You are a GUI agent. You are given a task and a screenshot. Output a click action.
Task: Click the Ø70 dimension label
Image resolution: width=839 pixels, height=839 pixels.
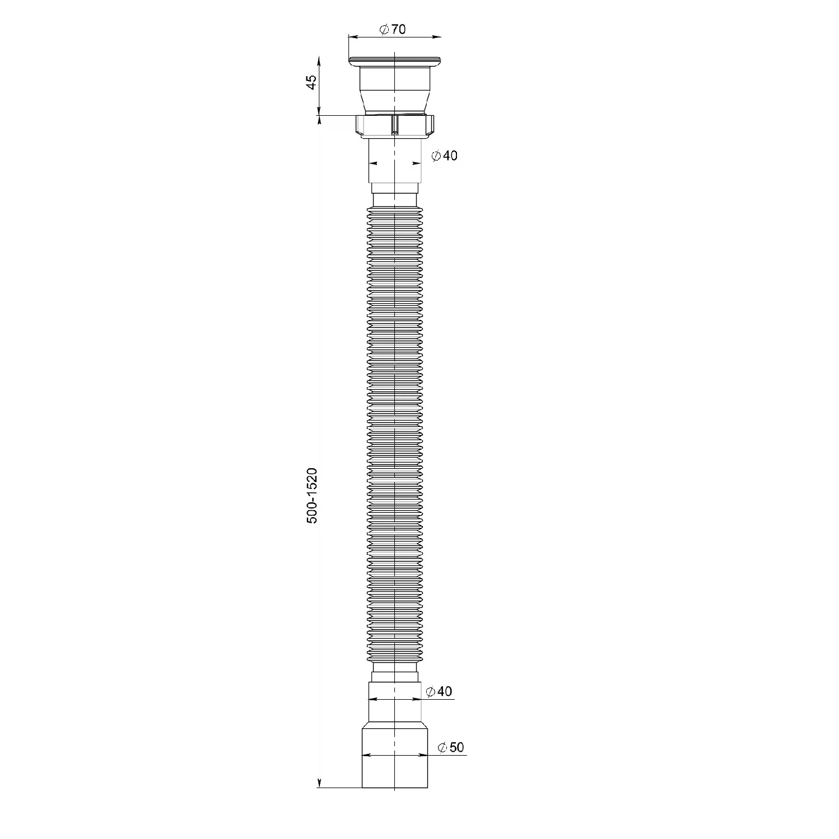point(393,30)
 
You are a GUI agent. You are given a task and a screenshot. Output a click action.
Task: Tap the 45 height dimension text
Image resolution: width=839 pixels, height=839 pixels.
point(312,82)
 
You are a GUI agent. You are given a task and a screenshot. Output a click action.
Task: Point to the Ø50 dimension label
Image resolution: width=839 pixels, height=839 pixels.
point(451,747)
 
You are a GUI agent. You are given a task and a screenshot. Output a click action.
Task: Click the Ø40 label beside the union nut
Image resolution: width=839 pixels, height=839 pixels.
point(445,155)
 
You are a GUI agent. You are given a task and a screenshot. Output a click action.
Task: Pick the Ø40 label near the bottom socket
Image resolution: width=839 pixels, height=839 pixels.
point(439,692)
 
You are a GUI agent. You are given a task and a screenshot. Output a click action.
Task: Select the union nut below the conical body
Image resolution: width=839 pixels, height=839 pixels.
point(395,125)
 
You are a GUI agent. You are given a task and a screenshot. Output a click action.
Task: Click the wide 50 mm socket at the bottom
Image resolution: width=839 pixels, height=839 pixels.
point(395,756)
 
